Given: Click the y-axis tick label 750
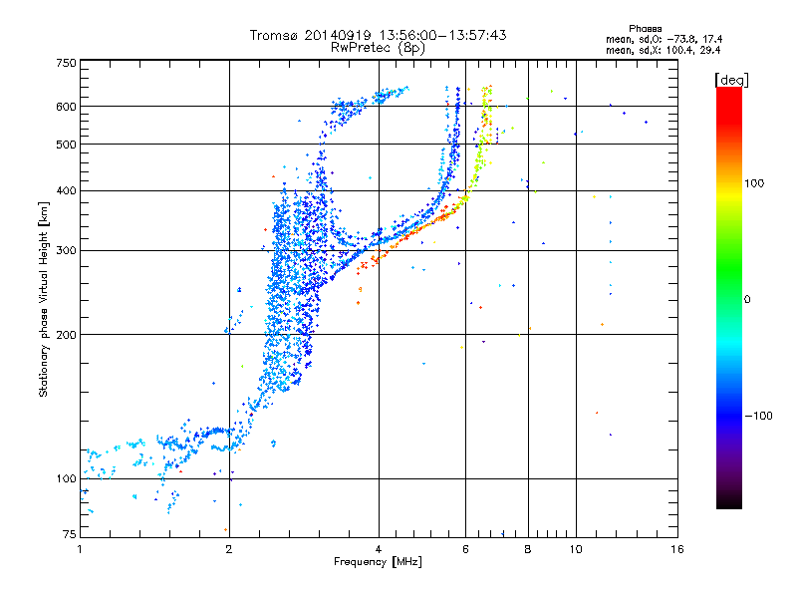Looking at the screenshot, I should click(x=66, y=62).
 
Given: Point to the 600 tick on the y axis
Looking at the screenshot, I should click(x=66, y=107).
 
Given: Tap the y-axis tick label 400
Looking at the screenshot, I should click(x=66, y=190).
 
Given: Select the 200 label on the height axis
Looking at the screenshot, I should click(x=66, y=334).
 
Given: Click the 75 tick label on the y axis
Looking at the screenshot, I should click(x=69, y=536).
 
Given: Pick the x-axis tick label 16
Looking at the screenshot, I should click(x=676, y=549).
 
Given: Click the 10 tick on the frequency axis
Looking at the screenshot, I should click(x=575, y=549).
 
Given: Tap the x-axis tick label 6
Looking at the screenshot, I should click(x=465, y=549).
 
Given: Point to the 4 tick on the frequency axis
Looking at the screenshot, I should click(x=379, y=549).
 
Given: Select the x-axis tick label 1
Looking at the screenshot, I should click(x=81, y=549).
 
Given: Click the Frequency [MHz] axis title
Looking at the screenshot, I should click(x=379, y=562).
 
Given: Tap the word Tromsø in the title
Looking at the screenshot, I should click(x=273, y=35).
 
